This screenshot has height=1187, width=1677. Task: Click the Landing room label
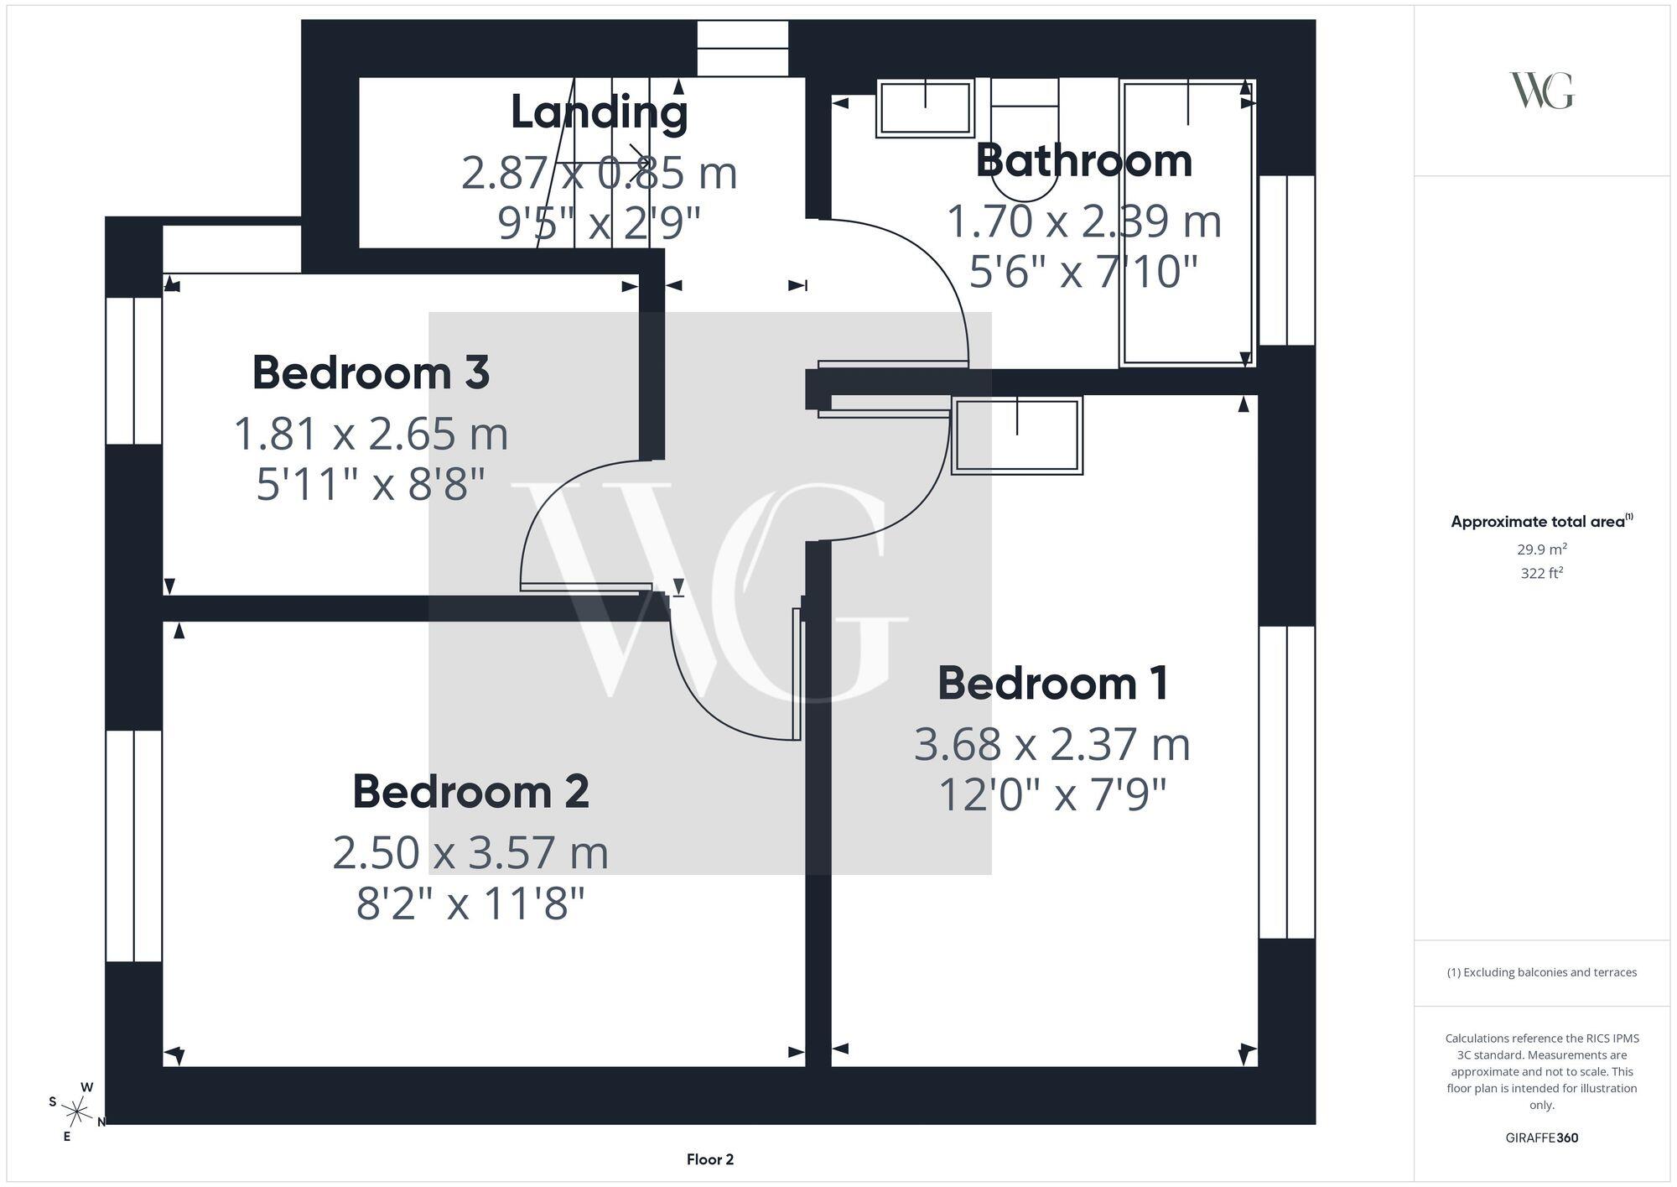coord(599,112)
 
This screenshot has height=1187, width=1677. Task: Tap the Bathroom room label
coord(1083,160)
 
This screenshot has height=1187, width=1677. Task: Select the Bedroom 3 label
coord(371,372)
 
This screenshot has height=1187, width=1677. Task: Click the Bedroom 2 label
coord(470,791)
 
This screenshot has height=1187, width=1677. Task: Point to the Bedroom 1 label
coord(1052,683)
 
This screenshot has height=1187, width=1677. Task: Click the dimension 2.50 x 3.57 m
coord(470,852)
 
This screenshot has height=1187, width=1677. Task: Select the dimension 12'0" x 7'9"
coord(1052,795)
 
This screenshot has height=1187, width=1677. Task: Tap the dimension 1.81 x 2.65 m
coord(371,434)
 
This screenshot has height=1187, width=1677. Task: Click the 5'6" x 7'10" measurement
coord(1083,272)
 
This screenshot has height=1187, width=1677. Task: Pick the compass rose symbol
coord(77,1112)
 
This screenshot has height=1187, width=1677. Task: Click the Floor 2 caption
coord(710,1159)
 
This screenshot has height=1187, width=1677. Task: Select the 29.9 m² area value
coord(1542,549)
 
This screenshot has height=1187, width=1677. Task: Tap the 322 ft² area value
coord(1542,574)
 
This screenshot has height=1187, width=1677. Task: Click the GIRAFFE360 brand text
coord(1542,1138)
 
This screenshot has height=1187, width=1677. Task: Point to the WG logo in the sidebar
coord(1542,91)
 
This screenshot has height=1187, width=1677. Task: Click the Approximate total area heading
coord(1542,521)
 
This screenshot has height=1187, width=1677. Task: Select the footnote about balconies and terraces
coord(1542,972)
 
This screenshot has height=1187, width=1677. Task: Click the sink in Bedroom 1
coord(1017,435)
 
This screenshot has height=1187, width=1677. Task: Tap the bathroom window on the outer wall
coord(1287,260)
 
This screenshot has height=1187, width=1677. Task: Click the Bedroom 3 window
coord(134,370)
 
